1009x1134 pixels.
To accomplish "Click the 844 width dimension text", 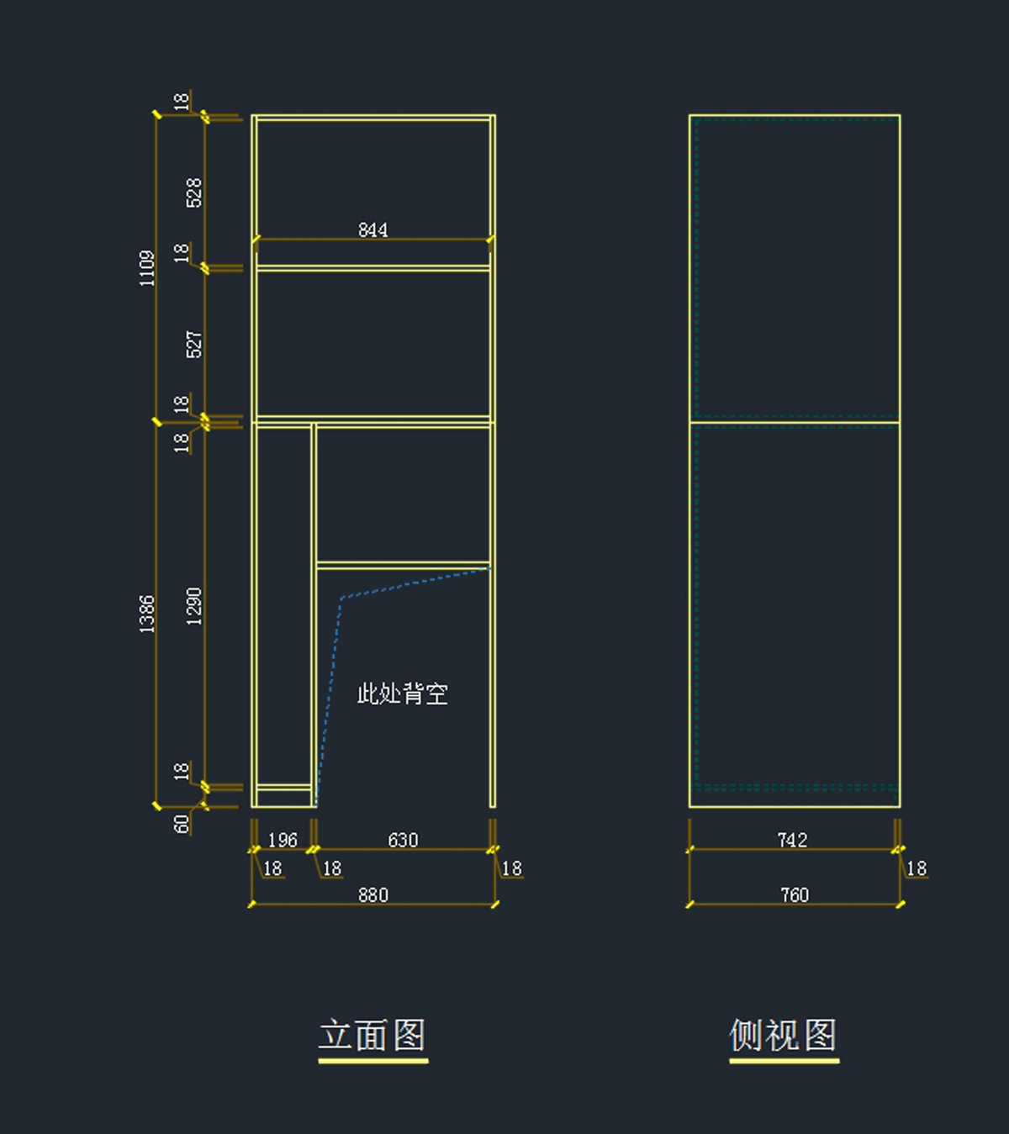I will (x=372, y=229).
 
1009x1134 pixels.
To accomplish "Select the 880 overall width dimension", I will (x=372, y=894).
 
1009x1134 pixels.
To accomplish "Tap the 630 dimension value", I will (x=403, y=840).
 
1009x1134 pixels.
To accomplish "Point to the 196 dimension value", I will (x=283, y=840).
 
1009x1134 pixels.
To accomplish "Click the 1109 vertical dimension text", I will (x=147, y=268).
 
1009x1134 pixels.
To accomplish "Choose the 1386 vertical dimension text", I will (x=147, y=614).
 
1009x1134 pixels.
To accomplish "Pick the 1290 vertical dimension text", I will (x=194, y=606).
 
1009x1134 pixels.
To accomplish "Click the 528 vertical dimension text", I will (x=194, y=193).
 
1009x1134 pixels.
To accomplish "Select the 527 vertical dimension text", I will (x=194, y=345).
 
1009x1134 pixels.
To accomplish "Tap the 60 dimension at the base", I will (x=182, y=824).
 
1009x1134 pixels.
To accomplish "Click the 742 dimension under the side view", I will (x=792, y=840).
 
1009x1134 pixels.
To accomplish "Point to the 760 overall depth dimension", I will (x=794, y=894).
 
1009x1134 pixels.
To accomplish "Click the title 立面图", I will (x=372, y=1034).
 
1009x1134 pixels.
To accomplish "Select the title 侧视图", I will (x=783, y=1034).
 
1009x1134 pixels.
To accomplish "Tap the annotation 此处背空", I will (x=403, y=694).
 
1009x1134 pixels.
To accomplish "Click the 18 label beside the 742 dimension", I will (x=916, y=868).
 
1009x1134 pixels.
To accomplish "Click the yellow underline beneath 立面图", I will (x=372, y=1061).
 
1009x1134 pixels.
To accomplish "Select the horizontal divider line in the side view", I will (x=795, y=422).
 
